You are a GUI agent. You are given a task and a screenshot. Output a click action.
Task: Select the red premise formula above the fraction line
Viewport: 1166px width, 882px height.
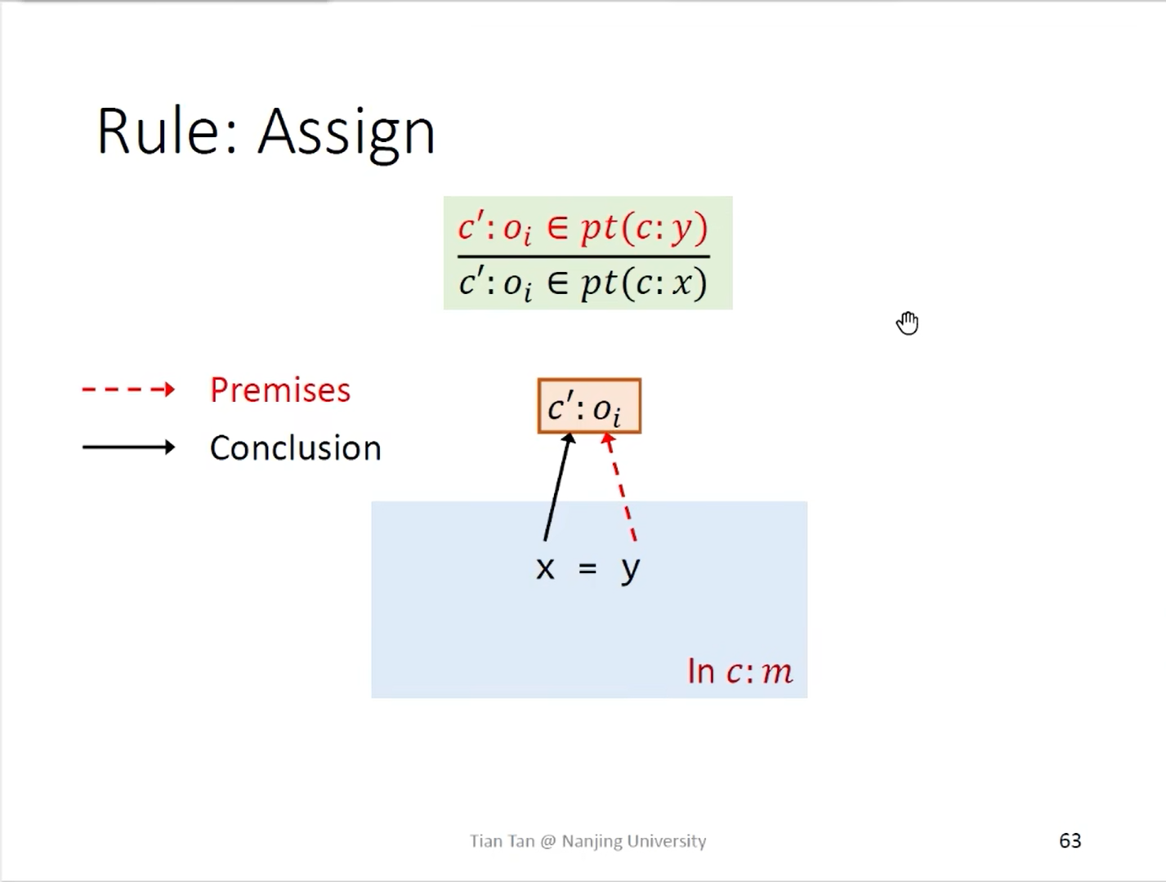583,229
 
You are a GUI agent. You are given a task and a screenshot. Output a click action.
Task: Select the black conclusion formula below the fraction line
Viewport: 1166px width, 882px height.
583,284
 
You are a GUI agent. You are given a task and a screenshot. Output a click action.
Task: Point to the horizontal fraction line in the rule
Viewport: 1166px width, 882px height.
583,256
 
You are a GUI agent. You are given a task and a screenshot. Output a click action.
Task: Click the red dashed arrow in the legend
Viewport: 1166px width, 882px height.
128,390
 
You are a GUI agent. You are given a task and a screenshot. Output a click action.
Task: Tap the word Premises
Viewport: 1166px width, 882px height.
280,390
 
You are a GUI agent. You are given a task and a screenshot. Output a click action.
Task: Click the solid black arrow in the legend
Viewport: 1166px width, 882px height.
128,448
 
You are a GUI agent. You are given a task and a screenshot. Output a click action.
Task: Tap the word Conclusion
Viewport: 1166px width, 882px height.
296,448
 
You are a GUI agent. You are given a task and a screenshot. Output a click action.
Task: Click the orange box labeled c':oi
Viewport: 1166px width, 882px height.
589,406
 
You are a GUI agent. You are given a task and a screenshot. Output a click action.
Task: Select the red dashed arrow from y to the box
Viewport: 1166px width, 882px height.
620,488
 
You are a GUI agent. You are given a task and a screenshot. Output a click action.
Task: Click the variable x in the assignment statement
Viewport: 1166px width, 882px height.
545,569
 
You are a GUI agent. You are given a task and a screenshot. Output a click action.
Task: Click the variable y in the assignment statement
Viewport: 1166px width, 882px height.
631,571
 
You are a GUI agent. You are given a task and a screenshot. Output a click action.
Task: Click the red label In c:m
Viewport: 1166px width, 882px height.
740,671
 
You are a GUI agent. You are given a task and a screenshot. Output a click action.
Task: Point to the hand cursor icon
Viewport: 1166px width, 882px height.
907,323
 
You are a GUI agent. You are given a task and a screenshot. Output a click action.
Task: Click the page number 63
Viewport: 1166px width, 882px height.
1070,840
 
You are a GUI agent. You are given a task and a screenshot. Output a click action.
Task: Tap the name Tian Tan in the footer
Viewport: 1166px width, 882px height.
502,841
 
